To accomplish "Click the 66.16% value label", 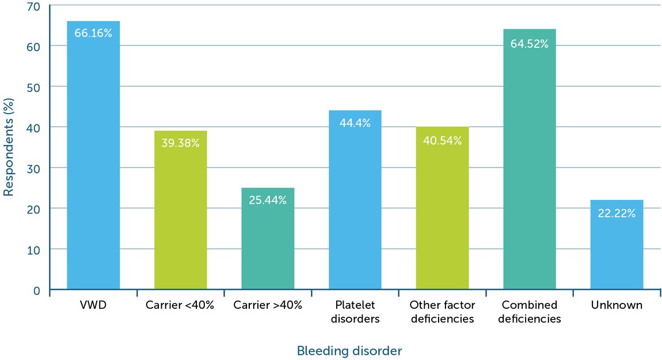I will [x=93, y=33].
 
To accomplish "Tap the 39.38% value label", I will [x=180, y=143].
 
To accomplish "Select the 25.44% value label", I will [x=268, y=200].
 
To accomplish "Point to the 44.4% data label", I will [x=355, y=123].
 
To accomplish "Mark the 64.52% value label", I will [x=529, y=43].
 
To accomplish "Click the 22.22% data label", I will [x=617, y=214].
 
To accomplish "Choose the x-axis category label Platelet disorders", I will [x=355, y=312].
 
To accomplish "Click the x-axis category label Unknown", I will [x=617, y=305].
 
